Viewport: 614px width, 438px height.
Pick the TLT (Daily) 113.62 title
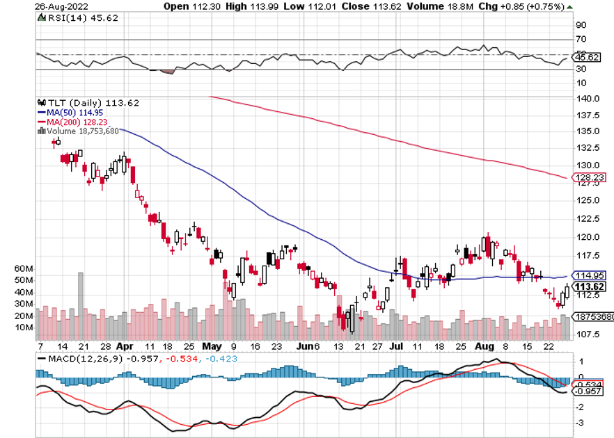pos(89,103)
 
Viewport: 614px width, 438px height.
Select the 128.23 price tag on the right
pos(590,177)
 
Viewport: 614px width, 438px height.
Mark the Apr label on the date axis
pos(125,345)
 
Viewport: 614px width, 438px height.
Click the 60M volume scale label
pos(24,268)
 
